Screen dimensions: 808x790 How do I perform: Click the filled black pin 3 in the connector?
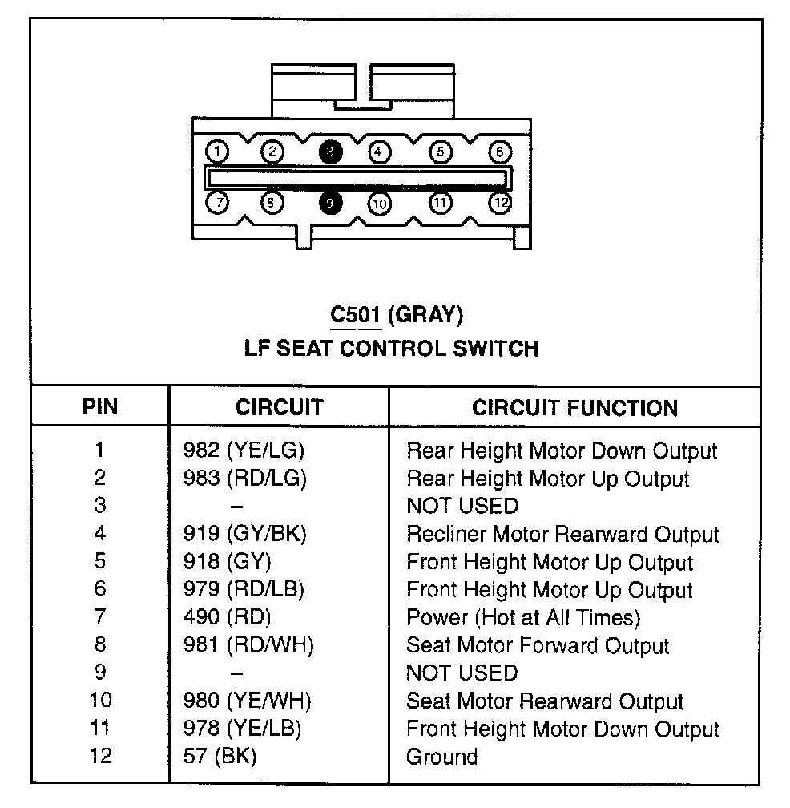click(329, 151)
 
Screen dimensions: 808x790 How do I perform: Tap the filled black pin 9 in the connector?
click(329, 203)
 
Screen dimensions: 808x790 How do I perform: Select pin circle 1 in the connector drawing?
click(217, 151)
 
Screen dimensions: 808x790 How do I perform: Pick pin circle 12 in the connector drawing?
click(501, 203)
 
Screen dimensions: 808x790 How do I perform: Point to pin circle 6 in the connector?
click(499, 151)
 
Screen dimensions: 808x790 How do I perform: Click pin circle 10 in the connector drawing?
click(379, 204)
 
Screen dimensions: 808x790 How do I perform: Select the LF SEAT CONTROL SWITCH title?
click(391, 348)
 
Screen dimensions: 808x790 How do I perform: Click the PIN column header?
click(99, 407)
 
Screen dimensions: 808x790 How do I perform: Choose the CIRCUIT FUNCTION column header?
click(574, 407)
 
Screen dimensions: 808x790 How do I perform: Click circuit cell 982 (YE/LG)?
click(244, 450)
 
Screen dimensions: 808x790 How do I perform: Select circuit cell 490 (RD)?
click(228, 617)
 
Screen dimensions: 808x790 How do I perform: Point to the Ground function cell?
click(442, 756)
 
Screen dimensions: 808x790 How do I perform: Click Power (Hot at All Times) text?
click(523, 617)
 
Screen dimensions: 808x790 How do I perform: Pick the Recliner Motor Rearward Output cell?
click(562, 534)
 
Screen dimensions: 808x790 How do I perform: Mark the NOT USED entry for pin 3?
click(462, 506)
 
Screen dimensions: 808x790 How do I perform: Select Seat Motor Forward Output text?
click(538, 645)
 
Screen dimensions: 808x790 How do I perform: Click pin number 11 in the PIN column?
click(100, 728)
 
